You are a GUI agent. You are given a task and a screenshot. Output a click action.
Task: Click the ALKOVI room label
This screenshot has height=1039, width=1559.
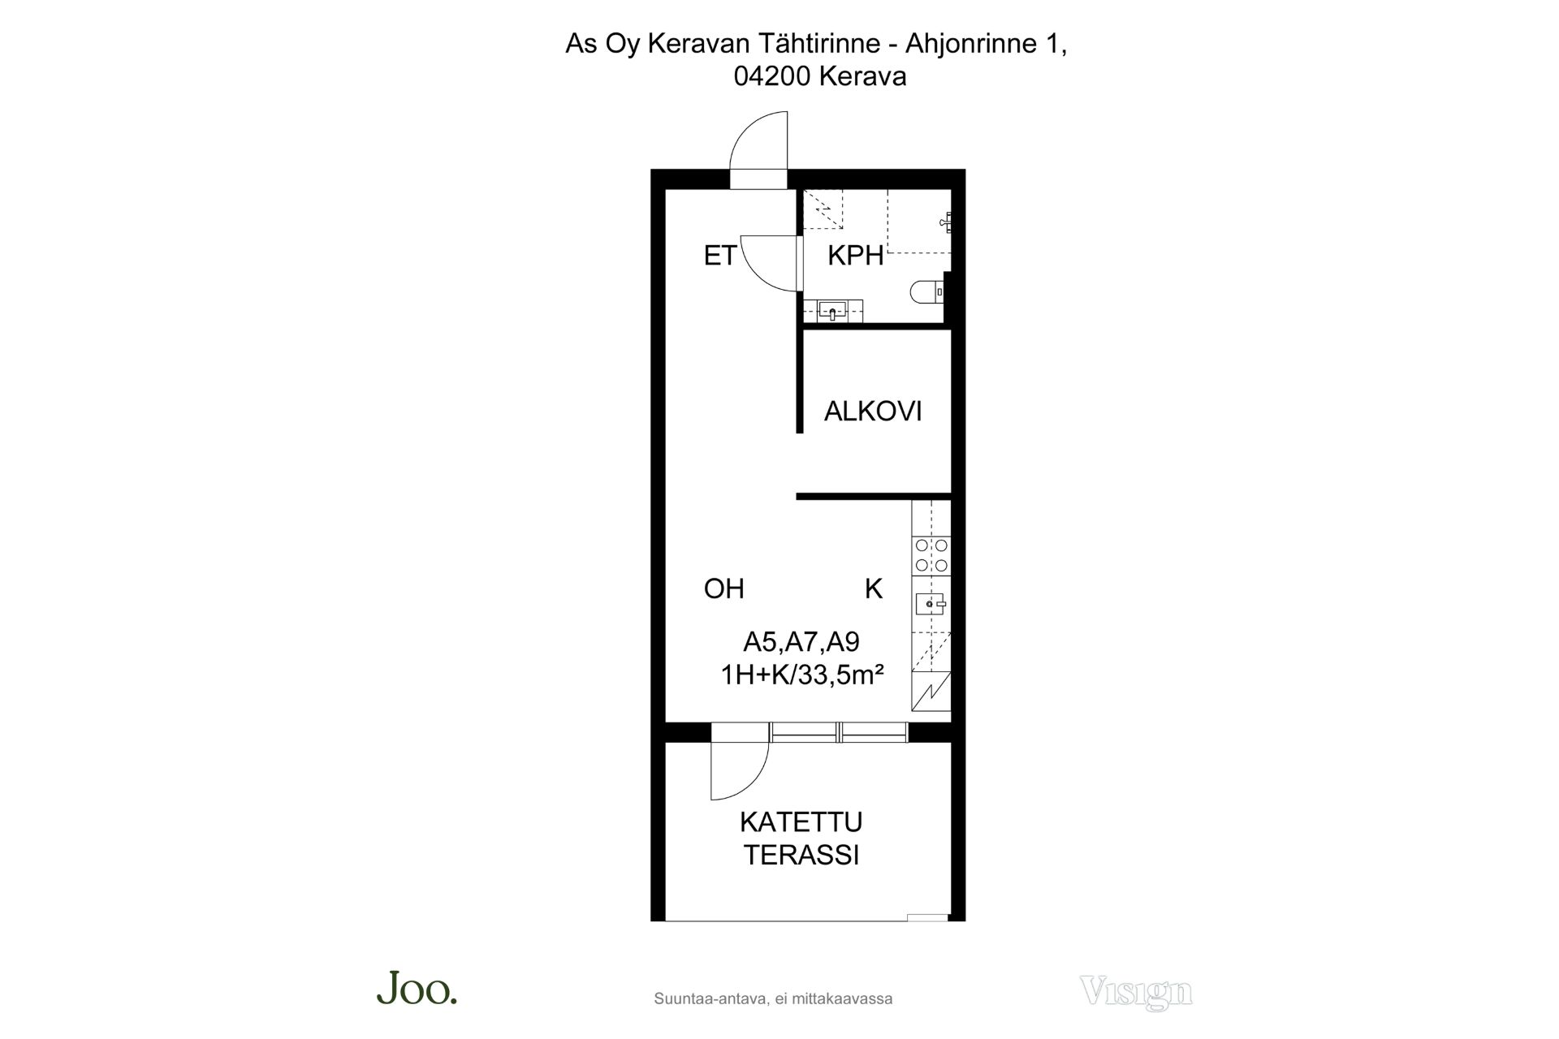[x=873, y=412]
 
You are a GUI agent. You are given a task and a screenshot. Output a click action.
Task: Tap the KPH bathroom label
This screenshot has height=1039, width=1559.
[x=855, y=256]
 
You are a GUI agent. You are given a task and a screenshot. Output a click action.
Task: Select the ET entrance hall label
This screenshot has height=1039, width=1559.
[x=719, y=256]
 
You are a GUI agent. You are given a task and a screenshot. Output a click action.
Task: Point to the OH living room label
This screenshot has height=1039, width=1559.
[x=723, y=588]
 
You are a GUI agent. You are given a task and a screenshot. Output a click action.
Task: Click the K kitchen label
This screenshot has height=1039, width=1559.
[x=874, y=588]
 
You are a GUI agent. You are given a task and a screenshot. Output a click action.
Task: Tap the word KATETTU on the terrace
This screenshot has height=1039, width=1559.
[x=801, y=822]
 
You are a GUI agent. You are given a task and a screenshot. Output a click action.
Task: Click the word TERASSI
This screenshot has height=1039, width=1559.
[x=801, y=856]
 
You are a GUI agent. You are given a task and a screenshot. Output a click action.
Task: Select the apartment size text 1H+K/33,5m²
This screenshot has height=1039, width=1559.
[x=801, y=675]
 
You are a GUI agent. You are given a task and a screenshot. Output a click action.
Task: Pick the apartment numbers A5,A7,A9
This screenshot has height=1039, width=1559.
[x=801, y=642]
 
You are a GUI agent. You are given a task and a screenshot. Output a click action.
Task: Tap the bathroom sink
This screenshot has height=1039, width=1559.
[x=832, y=310]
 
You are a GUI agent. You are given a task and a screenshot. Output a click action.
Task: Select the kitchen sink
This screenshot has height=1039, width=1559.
[x=931, y=604]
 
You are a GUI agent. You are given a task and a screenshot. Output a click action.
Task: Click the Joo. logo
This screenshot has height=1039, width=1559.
[x=417, y=987]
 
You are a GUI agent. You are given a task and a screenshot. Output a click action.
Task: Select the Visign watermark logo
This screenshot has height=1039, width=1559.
[x=1135, y=992]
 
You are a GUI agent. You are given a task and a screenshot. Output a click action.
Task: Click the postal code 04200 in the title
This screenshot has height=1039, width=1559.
[x=773, y=77]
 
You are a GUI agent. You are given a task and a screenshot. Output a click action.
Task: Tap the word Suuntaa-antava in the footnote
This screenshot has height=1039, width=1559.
[x=710, y=999]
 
